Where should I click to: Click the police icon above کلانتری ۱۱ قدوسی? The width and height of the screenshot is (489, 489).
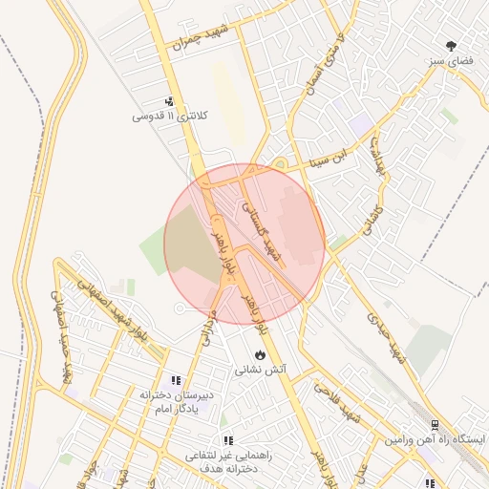click(x=170, y=102)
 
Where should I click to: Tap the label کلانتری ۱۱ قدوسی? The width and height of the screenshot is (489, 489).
click(x=169, y=117)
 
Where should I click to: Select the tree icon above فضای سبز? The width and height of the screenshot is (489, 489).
click(x=451, y=45)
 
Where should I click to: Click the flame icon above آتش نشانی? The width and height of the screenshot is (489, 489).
click(x=260, y=354)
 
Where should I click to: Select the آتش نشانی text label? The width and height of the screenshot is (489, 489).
click(x=261, y=368)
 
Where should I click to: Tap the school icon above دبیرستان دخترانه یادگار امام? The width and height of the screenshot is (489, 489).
click(x=175, y=380)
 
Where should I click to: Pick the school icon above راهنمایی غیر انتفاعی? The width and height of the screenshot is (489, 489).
click(x=228, y=440)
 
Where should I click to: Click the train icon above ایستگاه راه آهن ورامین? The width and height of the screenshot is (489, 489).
click(x=435, y=424)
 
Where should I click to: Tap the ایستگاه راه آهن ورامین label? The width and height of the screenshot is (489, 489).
click(x=435, y=438)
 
